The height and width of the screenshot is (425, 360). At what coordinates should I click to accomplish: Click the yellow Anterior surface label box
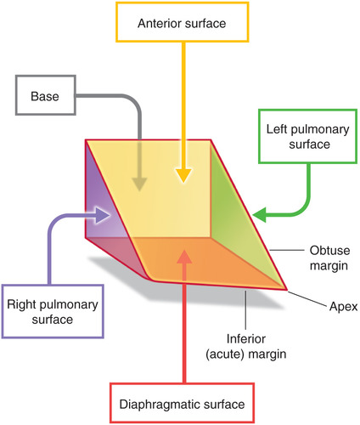point(182,24)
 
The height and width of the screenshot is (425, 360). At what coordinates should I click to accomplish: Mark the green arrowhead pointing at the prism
point(261,212)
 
